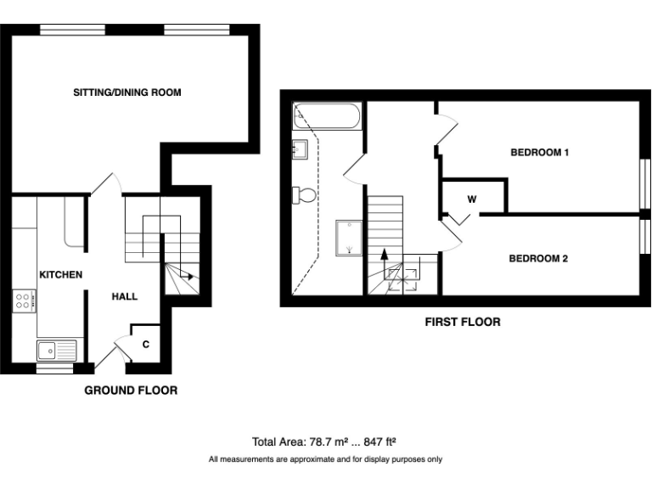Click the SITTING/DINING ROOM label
pos(127,92)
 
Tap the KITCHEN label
pos(59,274)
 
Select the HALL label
pos(125,296)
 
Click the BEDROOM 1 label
pos(538,153)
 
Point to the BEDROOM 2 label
pos(537,259)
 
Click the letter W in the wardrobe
pos(471,199)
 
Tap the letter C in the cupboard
pos(146,344)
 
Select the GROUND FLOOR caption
pos(131,391)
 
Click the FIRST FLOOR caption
pos(462,322)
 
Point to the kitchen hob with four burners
pos(25,300)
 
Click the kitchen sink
pos(56,349)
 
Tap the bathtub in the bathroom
pos(328,116)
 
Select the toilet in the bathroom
pos(304,195)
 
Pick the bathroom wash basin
pos(300,150)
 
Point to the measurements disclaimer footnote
pos(325,459)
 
